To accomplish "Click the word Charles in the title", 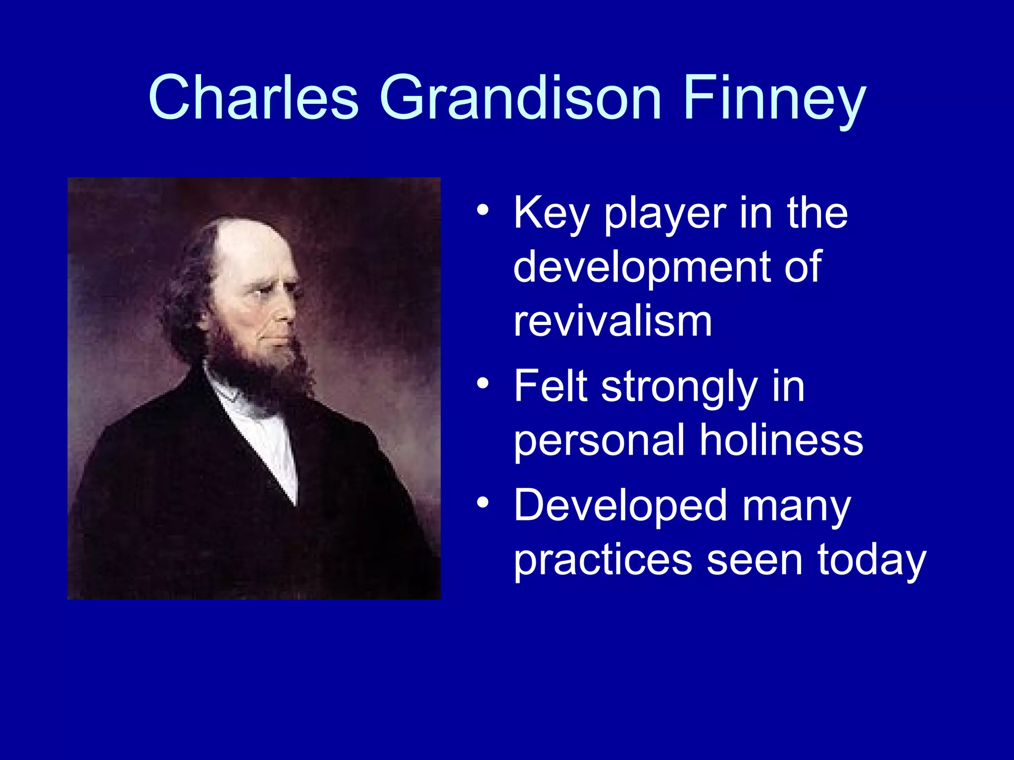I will [253, 97].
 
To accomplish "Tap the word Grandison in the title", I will [520, 97].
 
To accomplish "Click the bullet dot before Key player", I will [483, 211].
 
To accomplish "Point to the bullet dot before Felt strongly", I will [483, 383].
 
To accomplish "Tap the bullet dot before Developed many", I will [483, 503].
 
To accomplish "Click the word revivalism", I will [612, 322].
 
